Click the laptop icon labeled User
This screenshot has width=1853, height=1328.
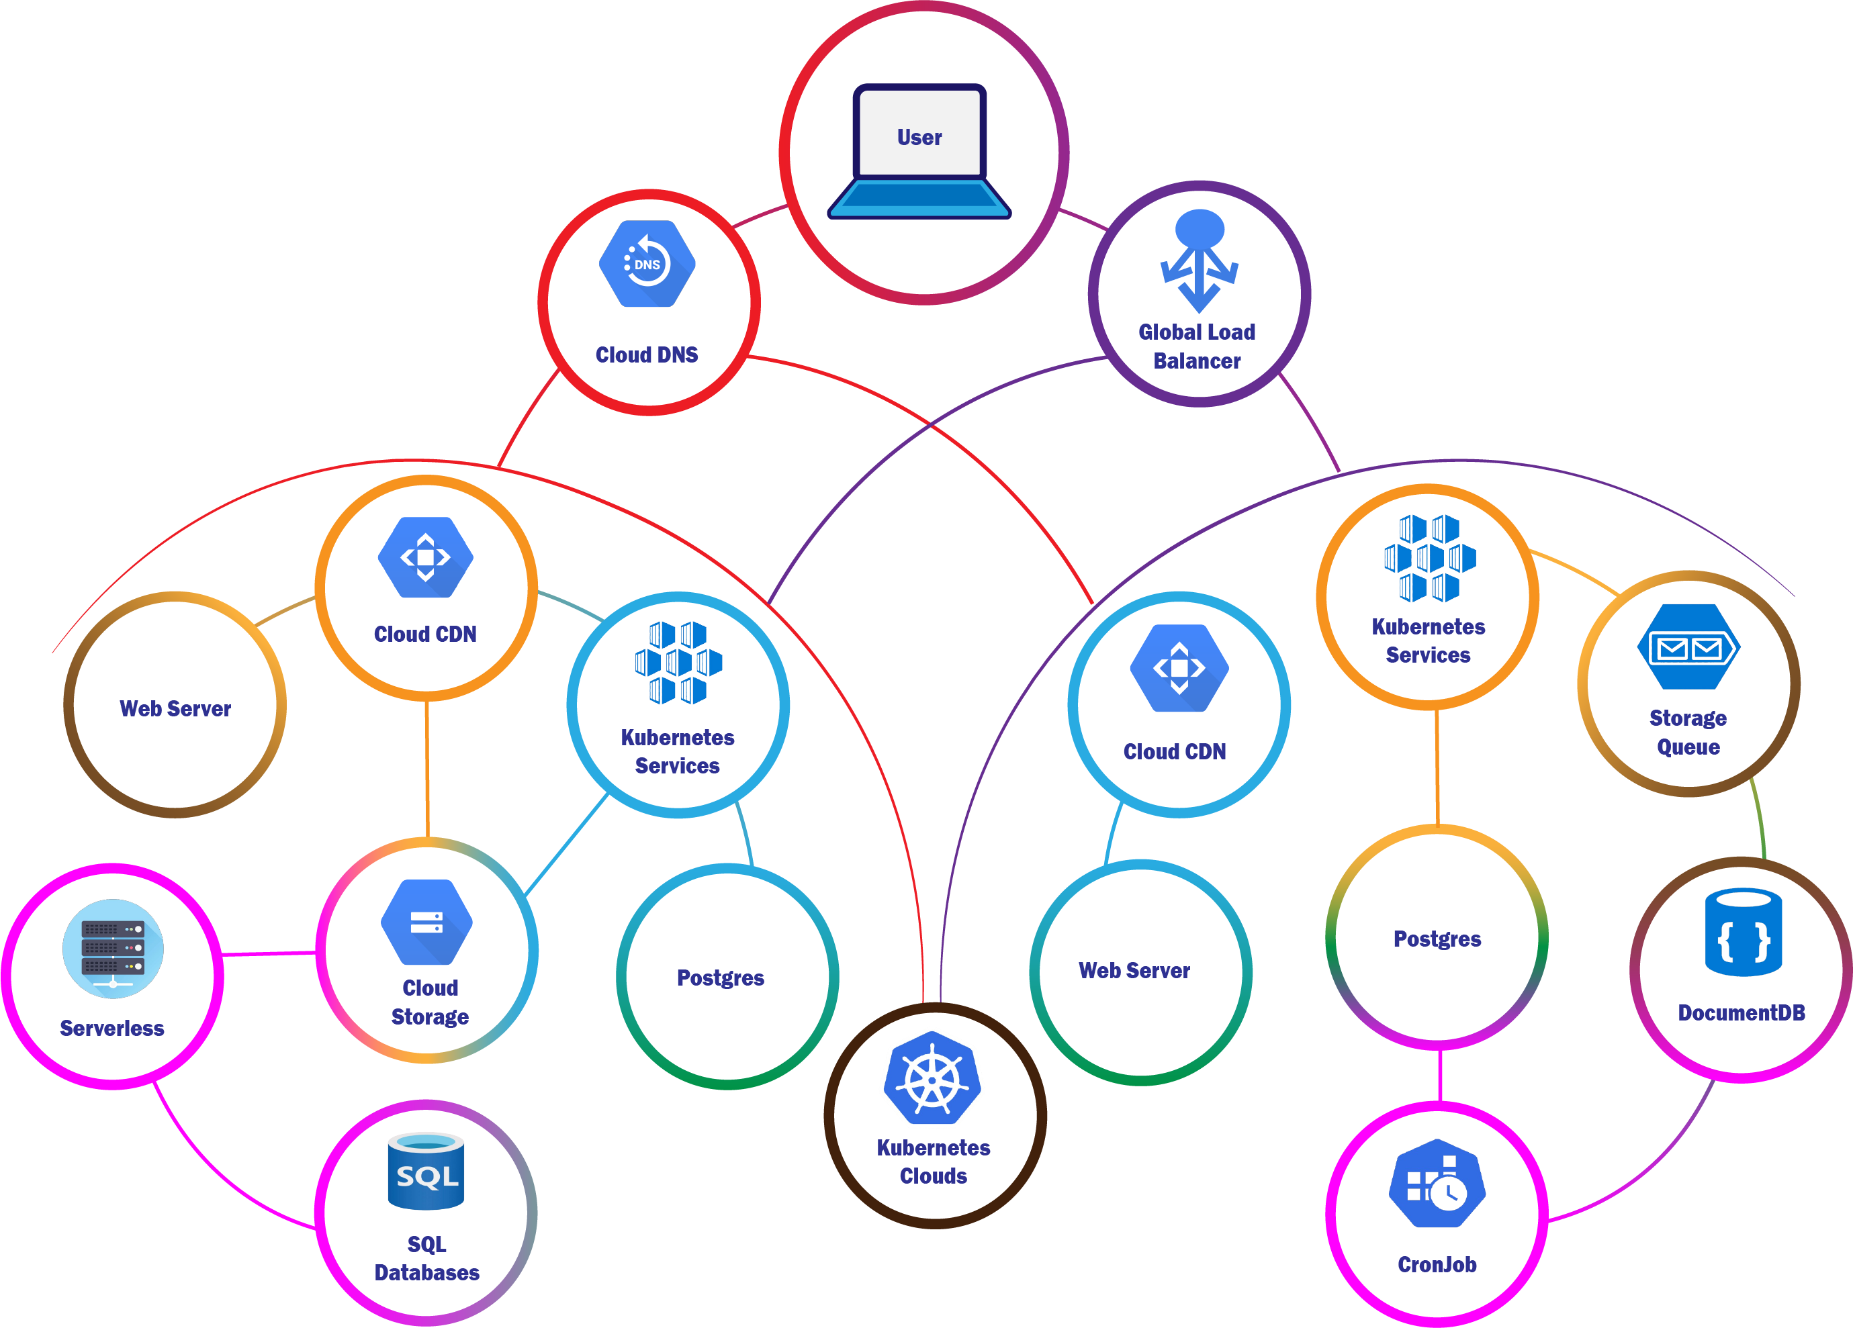coord(919,151)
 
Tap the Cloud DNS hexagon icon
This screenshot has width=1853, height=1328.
coord(647,264)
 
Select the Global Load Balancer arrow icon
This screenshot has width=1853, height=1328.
coord(1199,260)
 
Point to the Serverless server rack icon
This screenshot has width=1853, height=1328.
coord(113,948)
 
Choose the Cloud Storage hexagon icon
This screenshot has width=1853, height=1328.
coord(426,922)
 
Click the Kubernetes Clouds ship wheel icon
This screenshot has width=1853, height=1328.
coord(932,1078)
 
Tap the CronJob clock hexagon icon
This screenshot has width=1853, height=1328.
coord(1437,1184)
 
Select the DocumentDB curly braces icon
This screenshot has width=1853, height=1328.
coord(1743,933)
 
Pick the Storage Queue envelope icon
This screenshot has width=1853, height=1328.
coord(1688,647)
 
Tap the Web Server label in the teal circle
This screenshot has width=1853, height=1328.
coord(1134,971)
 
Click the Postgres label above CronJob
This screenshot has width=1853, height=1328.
coord(1437,939)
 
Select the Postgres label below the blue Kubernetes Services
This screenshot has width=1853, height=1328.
coord(721,978)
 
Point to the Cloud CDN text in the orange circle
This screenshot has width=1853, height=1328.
coord(425,634)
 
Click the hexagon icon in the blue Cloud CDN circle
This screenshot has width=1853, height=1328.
coord(1179,668)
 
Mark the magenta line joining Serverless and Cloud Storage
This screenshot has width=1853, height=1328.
coord(269,953)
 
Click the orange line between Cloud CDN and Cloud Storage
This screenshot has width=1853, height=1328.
coord(426,767)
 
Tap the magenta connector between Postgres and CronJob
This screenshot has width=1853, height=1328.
coord(1439,1075)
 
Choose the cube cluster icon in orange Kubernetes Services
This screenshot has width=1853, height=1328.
coord(1430,559)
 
